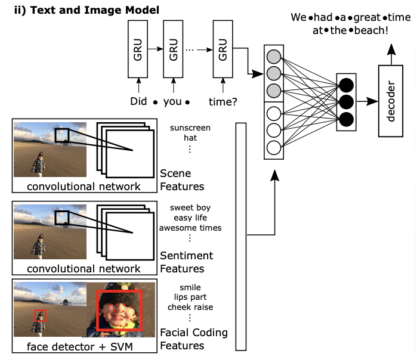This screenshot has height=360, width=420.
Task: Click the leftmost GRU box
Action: [138, 48]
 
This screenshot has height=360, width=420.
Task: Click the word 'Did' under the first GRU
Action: [138, 101]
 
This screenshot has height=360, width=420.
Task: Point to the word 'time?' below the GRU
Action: [222, 101]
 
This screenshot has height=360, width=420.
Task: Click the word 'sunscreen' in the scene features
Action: [190, 128]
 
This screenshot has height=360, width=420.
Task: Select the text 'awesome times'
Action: [190, 228]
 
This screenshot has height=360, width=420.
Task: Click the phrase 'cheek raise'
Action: [190, 307]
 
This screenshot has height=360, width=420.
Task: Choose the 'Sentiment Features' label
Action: [186, 262]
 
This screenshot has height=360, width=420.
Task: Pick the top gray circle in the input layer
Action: [274, 58]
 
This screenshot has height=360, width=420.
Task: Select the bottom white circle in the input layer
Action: [274, 147]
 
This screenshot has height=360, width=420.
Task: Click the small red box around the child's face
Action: [40, 316]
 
